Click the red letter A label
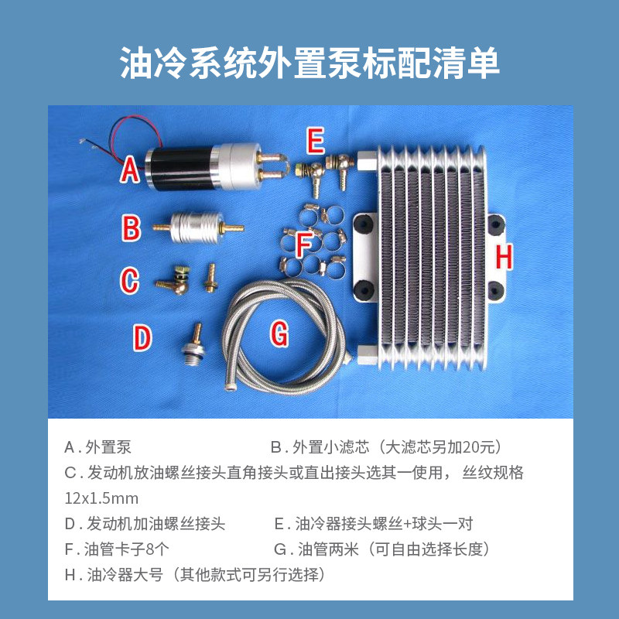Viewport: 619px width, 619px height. [x=130, y=169]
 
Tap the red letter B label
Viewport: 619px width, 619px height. [x=132, y=228]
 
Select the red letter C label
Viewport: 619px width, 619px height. [x=129, y=280]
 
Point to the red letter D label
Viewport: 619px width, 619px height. [x=142, y=338]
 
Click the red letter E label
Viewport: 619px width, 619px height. [x=316, y=141]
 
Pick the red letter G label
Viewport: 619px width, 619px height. [x=279, y=333]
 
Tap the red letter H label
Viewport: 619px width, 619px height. [x=504, y=257]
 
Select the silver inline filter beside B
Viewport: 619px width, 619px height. [x=197, y=227]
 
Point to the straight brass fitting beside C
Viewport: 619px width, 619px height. [x=210, y=278]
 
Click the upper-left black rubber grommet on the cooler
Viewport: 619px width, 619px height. [x=363, y=224]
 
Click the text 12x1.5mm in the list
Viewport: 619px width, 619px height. [x=101, y=498]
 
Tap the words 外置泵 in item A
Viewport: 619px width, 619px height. [x=108, y=447]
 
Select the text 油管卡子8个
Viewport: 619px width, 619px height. [x=126, y=549]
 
